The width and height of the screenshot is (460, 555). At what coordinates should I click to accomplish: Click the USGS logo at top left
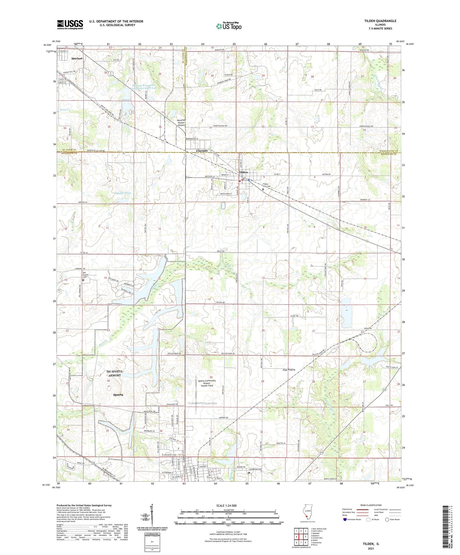click(x=70, y=24)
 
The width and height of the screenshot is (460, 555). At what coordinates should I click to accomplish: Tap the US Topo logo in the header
click(x=229, y=26)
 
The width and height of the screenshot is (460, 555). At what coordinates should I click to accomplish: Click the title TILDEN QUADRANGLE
click(x=380, y=21)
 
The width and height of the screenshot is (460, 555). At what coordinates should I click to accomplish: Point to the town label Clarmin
click(x=202, y=151)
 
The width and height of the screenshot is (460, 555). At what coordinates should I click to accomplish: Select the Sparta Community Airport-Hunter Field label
click(x=207, y=383)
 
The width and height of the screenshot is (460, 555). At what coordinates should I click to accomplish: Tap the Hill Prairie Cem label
click(x=85, y=275)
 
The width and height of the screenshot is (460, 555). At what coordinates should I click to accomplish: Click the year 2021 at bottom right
click(x=371, y=548)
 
